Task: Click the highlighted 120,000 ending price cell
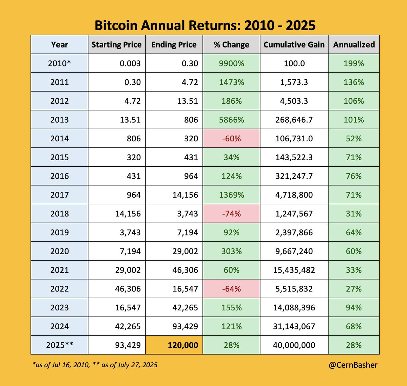[174, 345]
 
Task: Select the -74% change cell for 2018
[232, 214]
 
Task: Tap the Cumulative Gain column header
[294, 44]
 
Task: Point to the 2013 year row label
[59, 120]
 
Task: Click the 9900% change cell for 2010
[232, 63]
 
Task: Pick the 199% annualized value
[354, 63]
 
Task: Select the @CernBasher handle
[353, 365]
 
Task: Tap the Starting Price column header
[117, 44]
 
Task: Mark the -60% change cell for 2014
[232, 138]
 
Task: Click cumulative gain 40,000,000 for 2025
[294, 345]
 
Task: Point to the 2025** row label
[59, 345]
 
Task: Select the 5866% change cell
[232, 120]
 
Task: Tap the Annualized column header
[354, 44]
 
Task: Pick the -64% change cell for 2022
[232, 289]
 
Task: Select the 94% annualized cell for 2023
[354, 307]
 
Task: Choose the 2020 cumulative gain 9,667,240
[294, 251]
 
